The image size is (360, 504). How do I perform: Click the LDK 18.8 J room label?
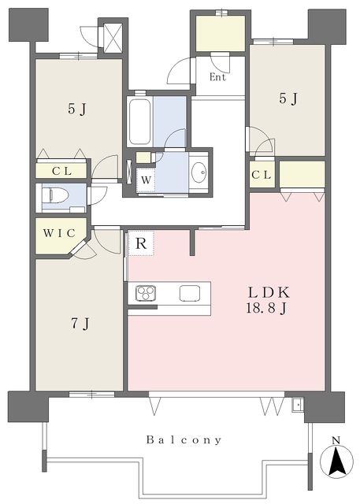267,300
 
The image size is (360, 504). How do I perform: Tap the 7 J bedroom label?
80,324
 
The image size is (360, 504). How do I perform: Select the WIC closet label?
59,233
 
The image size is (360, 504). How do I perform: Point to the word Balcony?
184,439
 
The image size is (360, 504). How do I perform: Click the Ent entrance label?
218,77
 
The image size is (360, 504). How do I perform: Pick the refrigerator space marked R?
141,243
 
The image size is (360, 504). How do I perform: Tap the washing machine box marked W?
146,180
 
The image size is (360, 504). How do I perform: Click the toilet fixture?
56,195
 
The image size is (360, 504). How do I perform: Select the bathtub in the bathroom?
139,121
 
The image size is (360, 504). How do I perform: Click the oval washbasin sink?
199,172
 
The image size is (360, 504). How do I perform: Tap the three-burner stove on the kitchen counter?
146,293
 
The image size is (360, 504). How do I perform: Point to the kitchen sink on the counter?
190,293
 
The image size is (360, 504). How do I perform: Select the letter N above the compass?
336,440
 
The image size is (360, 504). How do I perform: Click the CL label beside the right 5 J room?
262,175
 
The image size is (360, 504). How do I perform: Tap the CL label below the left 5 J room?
61,171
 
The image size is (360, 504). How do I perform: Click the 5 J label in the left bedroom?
77,109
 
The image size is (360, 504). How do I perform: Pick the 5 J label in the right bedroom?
288,98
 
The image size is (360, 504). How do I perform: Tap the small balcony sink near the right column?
298,405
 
